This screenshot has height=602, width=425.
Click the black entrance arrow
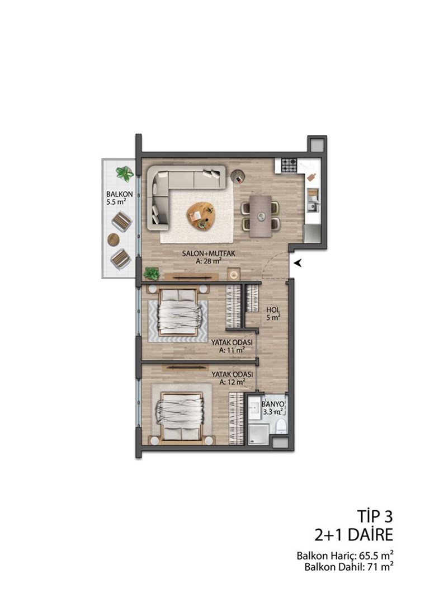(x=297, y=263)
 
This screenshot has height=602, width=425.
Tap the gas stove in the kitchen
(x=289, y=166)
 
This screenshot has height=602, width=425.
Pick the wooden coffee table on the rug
(x=200, y=216)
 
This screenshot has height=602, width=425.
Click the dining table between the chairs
(x=261, y=216)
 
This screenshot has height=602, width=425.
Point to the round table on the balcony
(x=114, y=240)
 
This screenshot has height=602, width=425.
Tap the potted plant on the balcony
(x=125, y=174)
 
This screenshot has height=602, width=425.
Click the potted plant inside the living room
(x=152, y=274)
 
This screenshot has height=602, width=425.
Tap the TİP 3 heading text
(x=375, y=517)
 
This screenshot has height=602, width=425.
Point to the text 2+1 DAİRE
(x=354, y=535)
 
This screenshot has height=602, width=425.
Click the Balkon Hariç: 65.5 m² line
(x=345, y=556)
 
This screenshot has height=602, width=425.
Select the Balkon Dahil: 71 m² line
(x=349, y=567)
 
